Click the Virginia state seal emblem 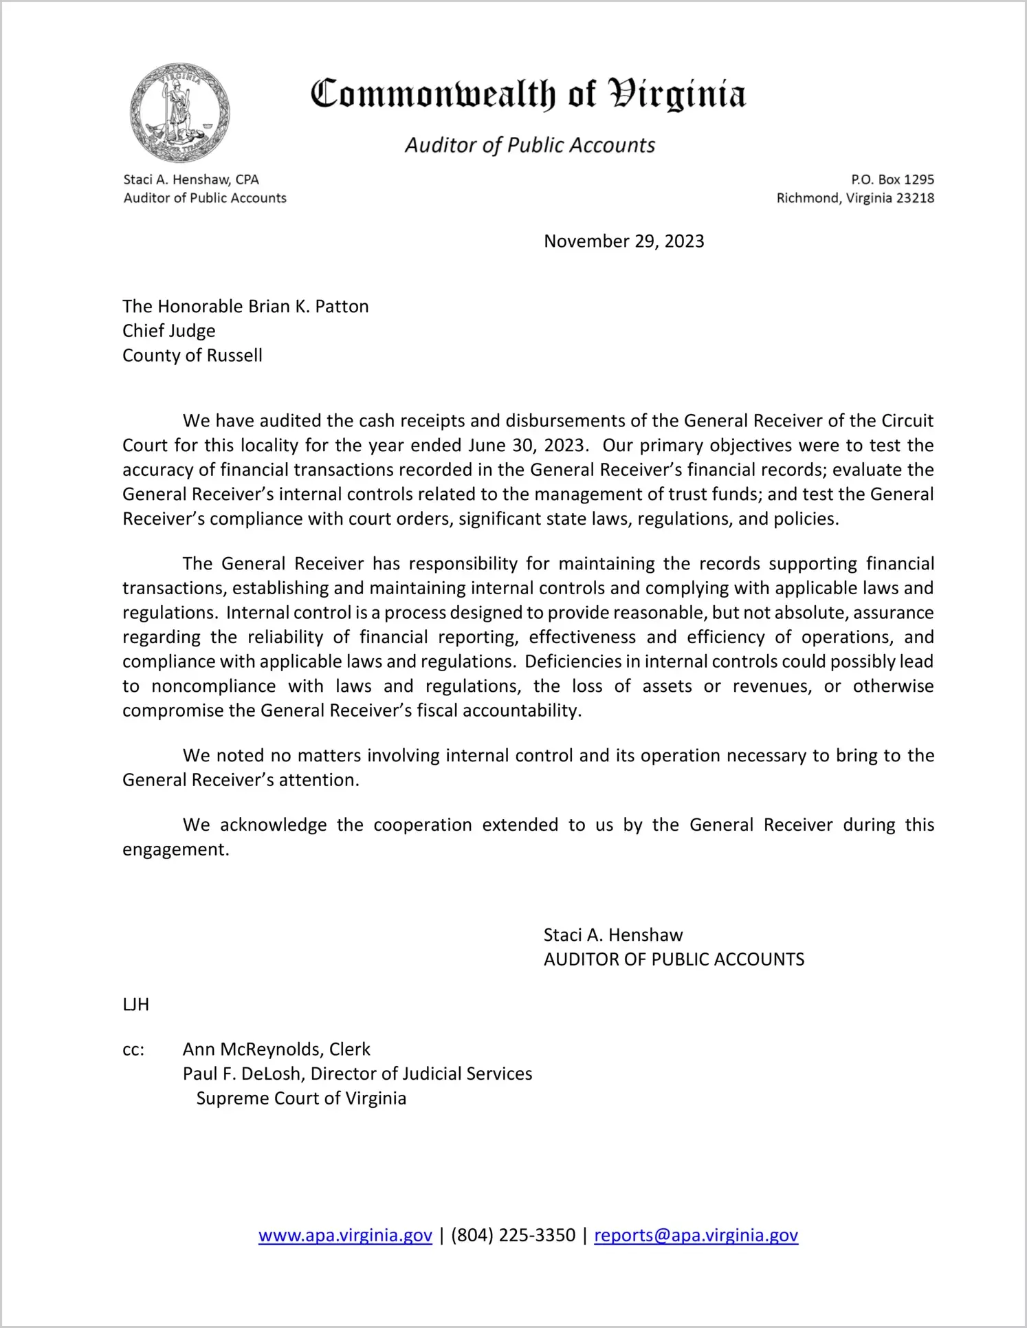point(179,113)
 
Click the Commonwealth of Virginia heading point(528,94)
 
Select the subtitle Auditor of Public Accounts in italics point(529,145)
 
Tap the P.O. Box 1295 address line point(892,179)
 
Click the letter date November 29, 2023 point(623,241)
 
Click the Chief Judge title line point(169,331)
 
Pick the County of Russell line point(192,356)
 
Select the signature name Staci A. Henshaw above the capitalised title point(613,935)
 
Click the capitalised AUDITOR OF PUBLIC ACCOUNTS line point(674,959)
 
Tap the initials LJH point(136,1004)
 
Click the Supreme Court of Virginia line point(301,1098)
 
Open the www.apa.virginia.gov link point(345,1235)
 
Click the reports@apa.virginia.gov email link point(696,1235)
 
